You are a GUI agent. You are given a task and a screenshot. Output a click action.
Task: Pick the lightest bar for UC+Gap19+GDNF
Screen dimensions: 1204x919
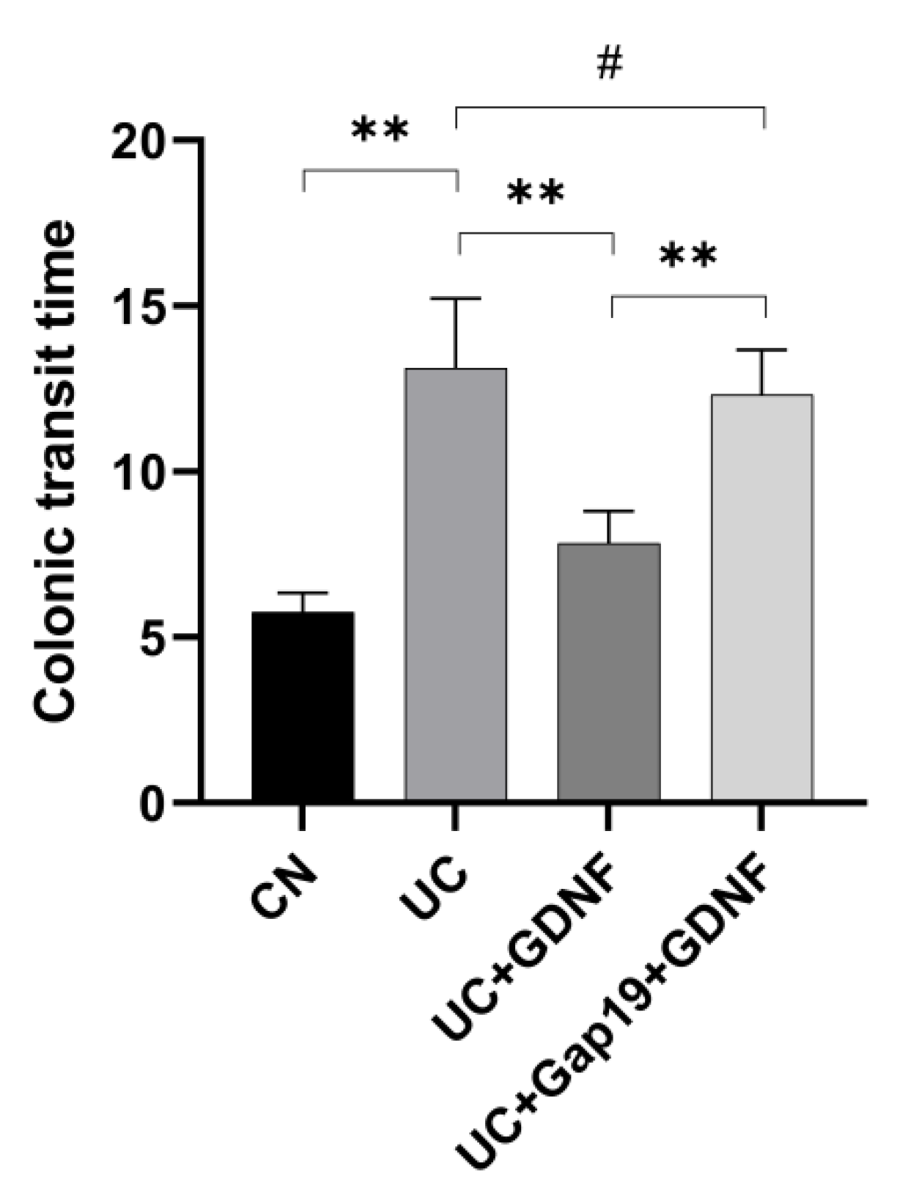762,597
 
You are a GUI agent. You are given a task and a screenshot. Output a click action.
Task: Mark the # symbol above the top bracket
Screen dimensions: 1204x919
610,64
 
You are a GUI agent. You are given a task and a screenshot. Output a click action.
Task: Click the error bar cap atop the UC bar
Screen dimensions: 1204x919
456,299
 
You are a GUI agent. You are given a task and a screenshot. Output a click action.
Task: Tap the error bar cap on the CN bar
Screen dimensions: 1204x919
303,593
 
